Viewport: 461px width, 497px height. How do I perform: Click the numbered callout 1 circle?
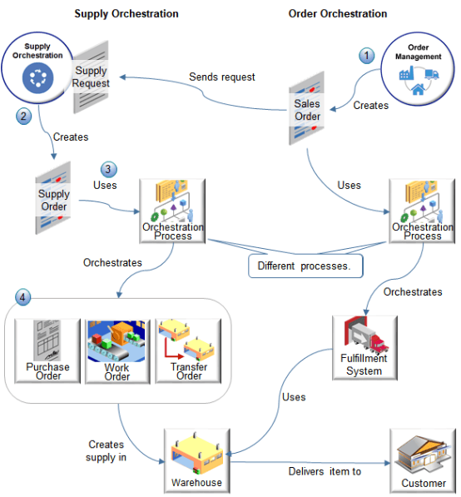[367, 56]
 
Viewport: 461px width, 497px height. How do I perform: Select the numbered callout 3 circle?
[108, 169]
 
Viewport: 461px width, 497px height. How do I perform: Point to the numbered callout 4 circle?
[24, 296]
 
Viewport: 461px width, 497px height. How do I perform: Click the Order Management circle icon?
[419, 65]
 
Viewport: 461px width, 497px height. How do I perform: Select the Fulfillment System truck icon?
[364, 343]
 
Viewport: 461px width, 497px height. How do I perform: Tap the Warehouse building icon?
[196, 456]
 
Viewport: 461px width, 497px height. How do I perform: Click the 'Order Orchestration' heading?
[338, 14]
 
